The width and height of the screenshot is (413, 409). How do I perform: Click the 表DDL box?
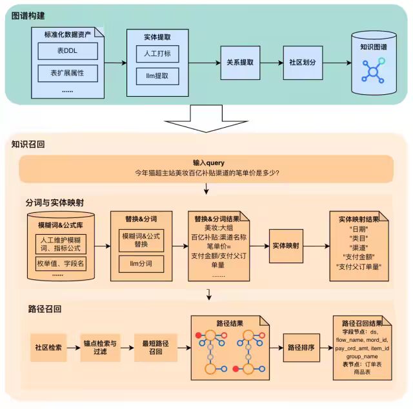pos(67,51)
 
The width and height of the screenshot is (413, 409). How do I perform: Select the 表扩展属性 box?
pos(67,73)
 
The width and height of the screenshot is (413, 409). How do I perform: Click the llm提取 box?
pos(157,77)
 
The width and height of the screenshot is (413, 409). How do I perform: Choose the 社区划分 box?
pos(303,63)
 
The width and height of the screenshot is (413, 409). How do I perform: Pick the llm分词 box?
pos(142,264)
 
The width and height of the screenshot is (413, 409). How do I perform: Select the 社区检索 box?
pos(48,348)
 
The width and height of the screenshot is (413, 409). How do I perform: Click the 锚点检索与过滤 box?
pos(101,348)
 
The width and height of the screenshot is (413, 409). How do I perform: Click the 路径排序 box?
pos(301,348)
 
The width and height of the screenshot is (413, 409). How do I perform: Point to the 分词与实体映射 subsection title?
pos(55,202)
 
